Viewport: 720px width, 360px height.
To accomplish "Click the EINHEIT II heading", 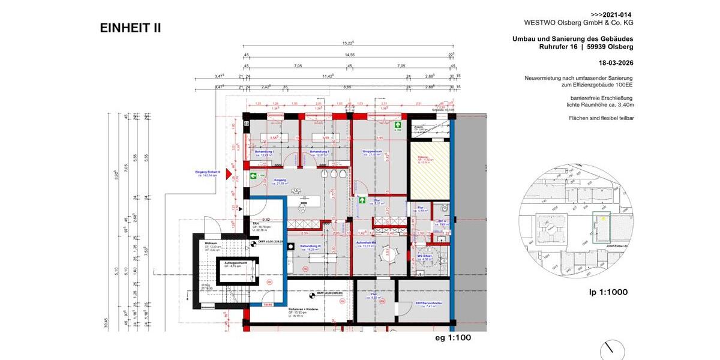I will pyautogui.click(x=130, y=28).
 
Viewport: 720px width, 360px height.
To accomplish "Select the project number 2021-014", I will pyautogui.click(x=611, y=14).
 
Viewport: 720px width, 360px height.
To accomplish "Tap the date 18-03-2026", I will pyautogui.click(x=616, y=62).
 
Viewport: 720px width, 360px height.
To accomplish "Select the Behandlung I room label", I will pyautogui.click(x=264, y=152).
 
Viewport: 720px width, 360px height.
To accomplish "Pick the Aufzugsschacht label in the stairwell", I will pyautogui.click(x=236, y=263).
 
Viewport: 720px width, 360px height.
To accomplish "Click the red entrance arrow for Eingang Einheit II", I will pyautogui.click(x=220, y=172).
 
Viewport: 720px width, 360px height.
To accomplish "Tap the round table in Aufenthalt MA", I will pyautogui.click(x=387, y=254).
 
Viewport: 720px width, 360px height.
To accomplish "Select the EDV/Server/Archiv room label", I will pyautogui.click(x=429, y=304).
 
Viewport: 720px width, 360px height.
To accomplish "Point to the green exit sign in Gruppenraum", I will pyautogui.click(x=397, y=126).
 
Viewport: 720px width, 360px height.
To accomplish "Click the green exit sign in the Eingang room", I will pyautogui.click(x=254, y=176).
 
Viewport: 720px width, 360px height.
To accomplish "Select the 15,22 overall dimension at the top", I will pyautogui.click(x=347, y=43).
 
